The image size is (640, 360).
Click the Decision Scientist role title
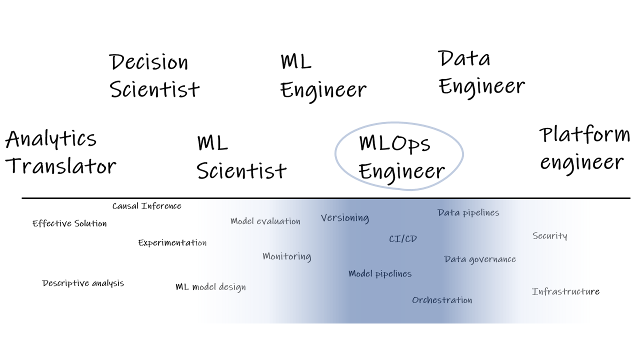pyautogui.click(x=154, y=76)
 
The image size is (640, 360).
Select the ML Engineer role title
pyautogui.click(x=323, y=76)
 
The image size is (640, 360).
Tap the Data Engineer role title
pyautogui.click(x=481, y=73)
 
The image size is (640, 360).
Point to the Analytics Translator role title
pyautogui.click(x=60, y=152)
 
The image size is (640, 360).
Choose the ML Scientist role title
pyautogui.click(x=241, y=157)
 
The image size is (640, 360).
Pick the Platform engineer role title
pyautogui.click(x=584, y=148)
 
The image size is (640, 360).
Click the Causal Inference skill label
pyautogui.click(x=146, y=206)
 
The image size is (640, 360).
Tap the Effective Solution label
pyautogui.click(x=69, y=223)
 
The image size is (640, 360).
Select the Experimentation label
pyautogui.click(x=172, y=243)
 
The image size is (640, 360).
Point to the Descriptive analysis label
pyautogui.click(x=83, y=283)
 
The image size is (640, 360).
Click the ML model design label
pyautogui.click(x=210, y=287)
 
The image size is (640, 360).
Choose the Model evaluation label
pyautogui.click(x=265, y=221)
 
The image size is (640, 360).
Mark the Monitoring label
pyautogui.click(x=286, y=256)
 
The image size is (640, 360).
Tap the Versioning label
pyautogui.click(x=345, y=218)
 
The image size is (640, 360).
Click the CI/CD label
pyautogui.click(x=402, y=239)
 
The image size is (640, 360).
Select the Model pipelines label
pyautogui.click(x=380, y=274)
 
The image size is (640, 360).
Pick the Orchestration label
pyautogui.click(x=442, y=300)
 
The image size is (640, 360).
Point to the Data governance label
pyautogui.click(x=479, y=259)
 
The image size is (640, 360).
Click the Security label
pyautogui.click(x=549, y=236)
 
